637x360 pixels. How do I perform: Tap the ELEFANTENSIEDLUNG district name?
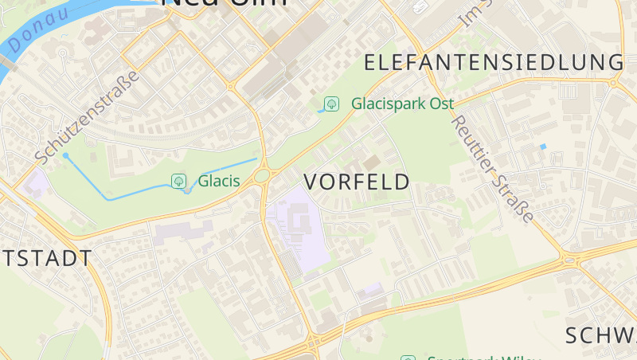click(x=494, y=62)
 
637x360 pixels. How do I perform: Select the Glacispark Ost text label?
click(x=402, y=104)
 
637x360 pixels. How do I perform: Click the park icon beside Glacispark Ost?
click(x=331, y=104)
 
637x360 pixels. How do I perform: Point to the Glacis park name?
click(x=219, y=181)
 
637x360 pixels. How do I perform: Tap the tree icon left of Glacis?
click(x=179, y=181)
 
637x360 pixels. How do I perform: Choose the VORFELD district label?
click(x=357, y=182)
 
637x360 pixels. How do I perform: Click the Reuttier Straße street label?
click(x=492, y=169)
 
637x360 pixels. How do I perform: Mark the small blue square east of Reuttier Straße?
click(x=543, y=147)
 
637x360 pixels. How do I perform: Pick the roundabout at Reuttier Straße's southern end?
click(x=567, y=259)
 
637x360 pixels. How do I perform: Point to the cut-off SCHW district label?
click(x=601, y=335)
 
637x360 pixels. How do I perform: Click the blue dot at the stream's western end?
click(x=65, y=155)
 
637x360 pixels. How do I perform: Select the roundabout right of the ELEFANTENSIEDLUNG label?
click(x=614, y=81)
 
